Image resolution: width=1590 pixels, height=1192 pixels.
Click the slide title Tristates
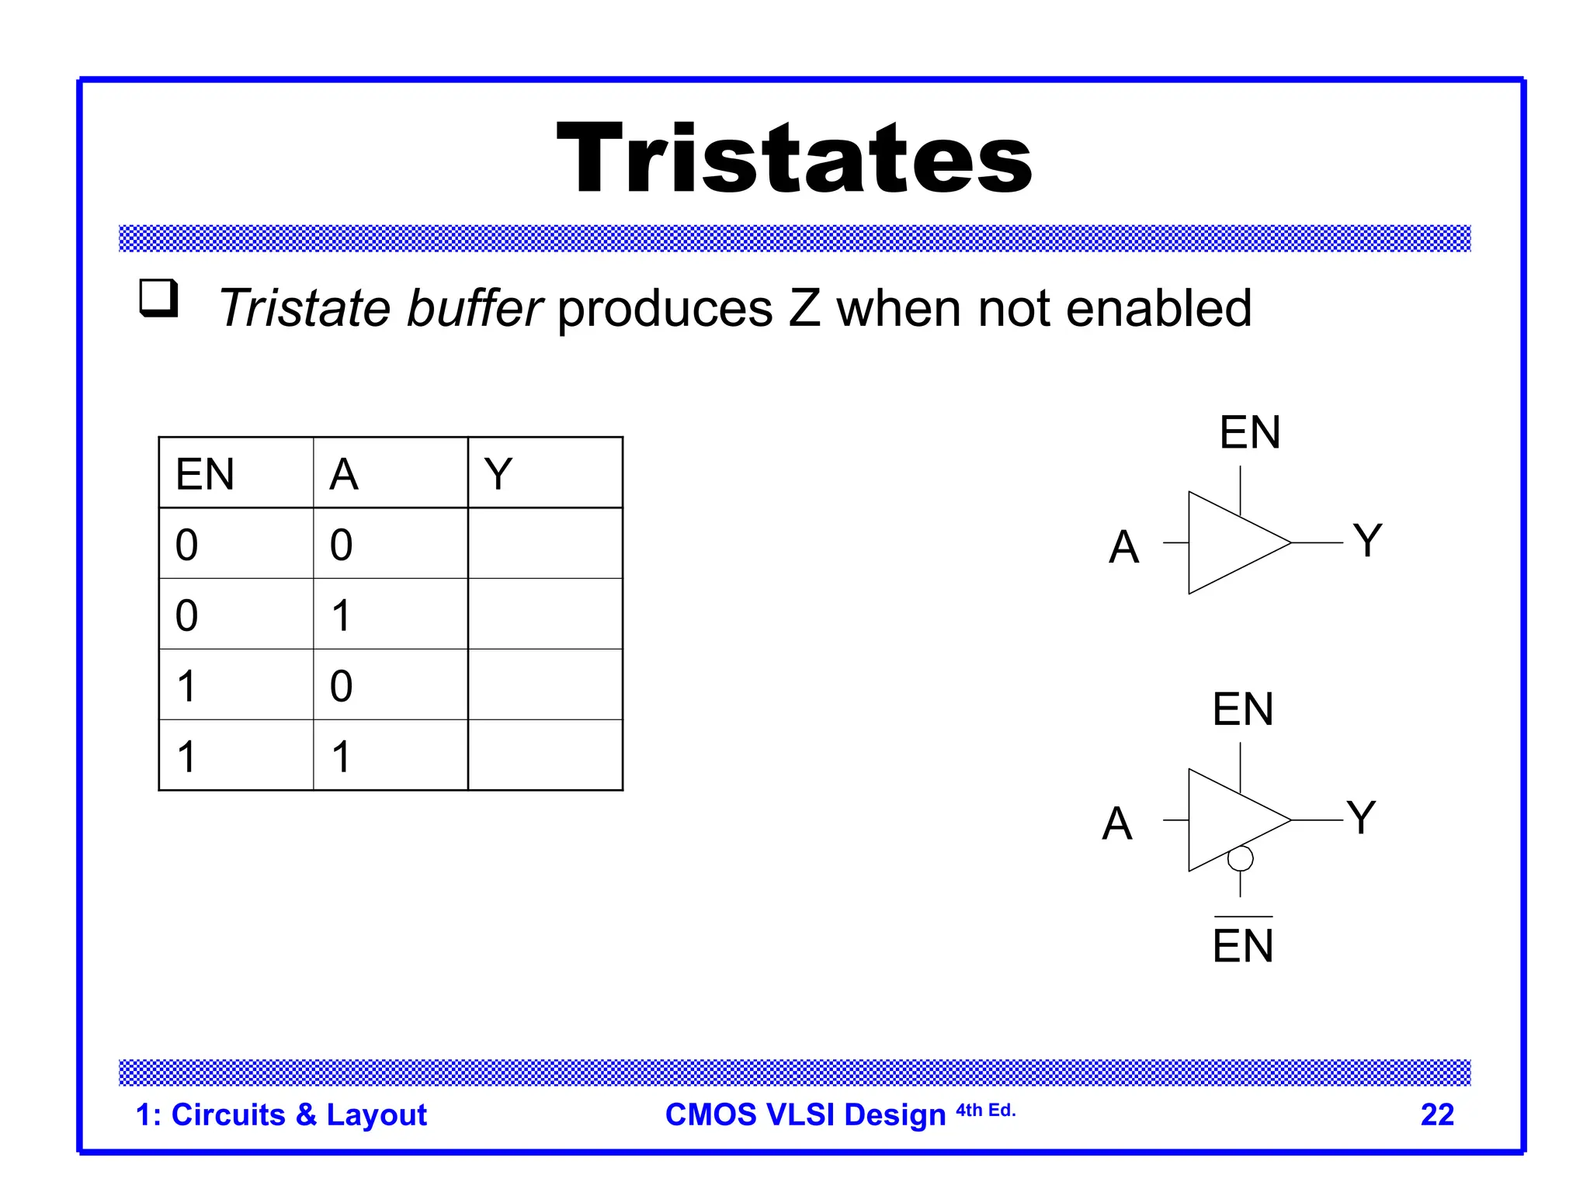794,159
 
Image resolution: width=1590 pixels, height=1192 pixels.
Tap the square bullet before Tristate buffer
158,298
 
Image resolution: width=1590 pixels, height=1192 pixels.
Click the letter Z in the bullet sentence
804,308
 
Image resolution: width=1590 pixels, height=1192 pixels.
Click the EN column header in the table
205,474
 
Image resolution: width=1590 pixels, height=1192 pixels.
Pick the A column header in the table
344,474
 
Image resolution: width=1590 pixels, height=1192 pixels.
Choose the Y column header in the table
498,474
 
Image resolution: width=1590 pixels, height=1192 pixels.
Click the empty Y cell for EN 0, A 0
545,543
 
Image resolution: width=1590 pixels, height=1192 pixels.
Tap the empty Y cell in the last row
545,755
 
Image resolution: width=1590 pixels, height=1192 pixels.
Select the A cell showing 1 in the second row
341,615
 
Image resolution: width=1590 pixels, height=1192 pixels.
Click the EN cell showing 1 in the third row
186,685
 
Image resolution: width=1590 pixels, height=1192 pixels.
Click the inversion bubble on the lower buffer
1240,858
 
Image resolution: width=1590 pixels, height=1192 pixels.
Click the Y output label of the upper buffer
1367,540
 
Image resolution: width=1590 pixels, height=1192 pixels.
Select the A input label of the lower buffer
1117,823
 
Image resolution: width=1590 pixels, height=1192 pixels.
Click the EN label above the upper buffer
1249,432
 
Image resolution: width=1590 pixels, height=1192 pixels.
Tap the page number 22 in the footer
1436,1114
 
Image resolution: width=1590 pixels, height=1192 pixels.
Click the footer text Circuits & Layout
298,1114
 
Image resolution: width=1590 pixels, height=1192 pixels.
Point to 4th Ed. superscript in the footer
985,1110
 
